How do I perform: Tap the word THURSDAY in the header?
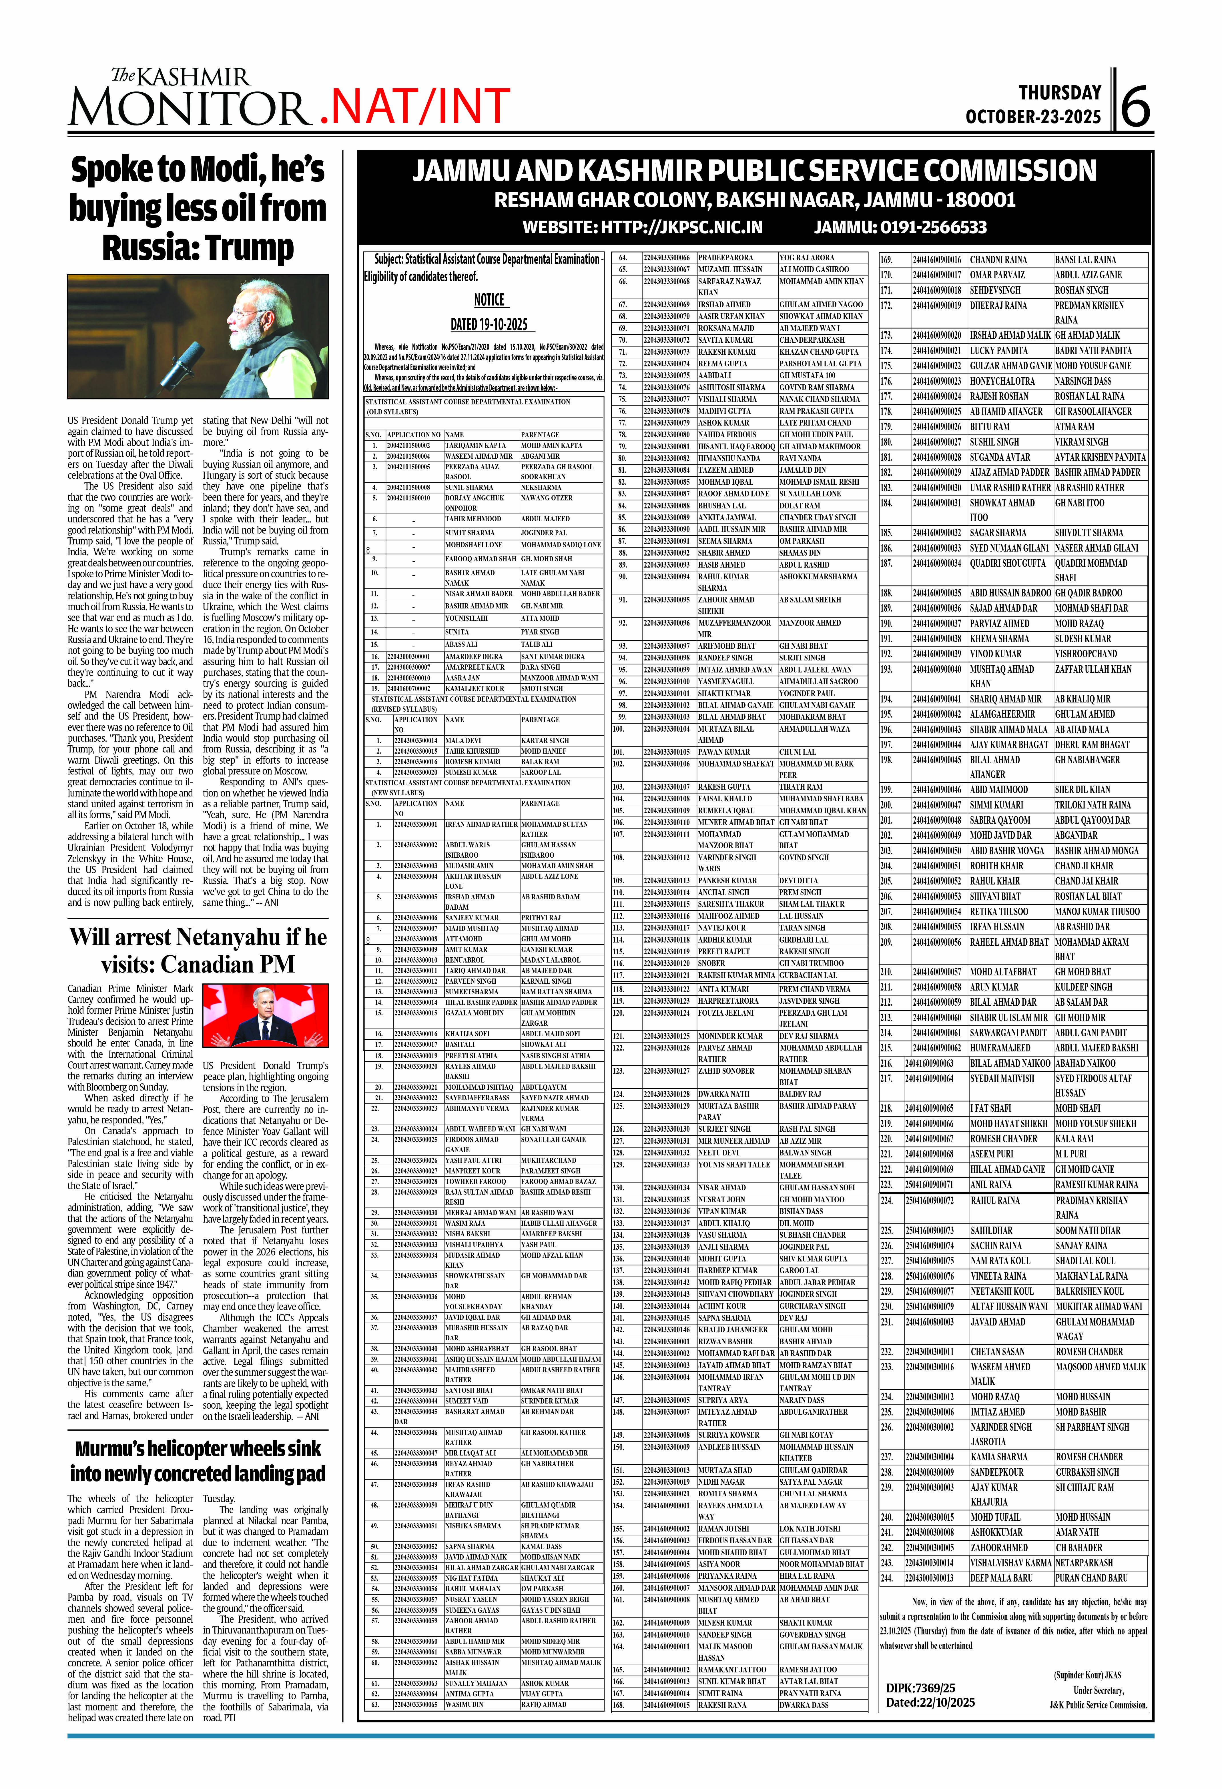point(1060,93)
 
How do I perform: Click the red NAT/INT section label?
point(416,106)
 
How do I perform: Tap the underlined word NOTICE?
point(489,300)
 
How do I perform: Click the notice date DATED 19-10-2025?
point(489,324)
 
